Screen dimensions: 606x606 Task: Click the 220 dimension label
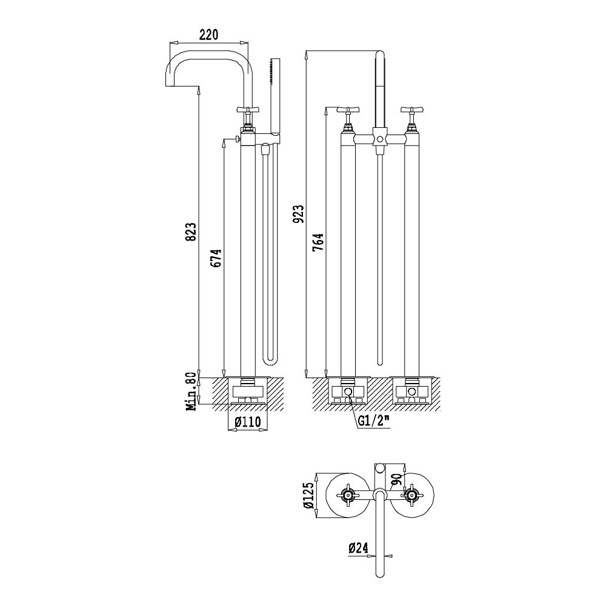208,35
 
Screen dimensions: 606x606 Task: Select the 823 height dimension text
193,231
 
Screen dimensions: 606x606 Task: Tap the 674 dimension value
218,258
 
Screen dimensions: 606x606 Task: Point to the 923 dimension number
299,214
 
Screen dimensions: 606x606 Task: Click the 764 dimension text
319,242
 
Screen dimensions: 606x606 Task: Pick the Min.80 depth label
191,391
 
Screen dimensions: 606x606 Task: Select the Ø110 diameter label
247,422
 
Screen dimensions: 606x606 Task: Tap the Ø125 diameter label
308,495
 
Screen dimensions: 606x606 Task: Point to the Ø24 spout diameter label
358,548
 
